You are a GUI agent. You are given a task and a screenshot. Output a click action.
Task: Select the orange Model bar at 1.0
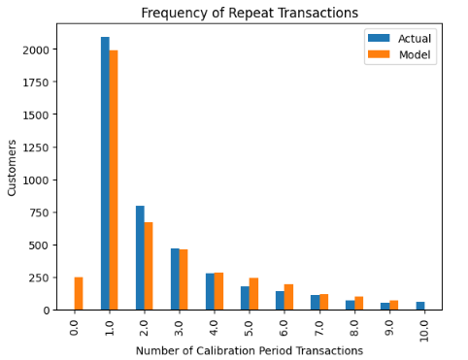pyautogui.click(x=114, y=180)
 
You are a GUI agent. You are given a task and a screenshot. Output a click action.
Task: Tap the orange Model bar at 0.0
pyautogui.click(x=79, y=293)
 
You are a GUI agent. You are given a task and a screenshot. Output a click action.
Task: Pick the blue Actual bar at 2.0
pyautogui.click(x=140, y=257)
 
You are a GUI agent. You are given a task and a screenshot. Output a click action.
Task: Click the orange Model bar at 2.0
pyautogui.click(x=149, y=266)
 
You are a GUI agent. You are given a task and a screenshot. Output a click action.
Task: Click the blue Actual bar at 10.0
pyautogui.click(x=419, y=306)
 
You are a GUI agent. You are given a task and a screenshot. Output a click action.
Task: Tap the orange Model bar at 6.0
pyautogui.click(x=288, y=297)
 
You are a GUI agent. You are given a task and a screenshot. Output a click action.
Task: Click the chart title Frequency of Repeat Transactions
pyautogui.click(x=250, y=13)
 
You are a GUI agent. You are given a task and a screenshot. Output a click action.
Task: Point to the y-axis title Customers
pyautogui.click(x=13, y=167)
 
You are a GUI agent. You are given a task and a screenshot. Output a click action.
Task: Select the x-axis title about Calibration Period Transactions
pyautogui.click(x=250, y=349)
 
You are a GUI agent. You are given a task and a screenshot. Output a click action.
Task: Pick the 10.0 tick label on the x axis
pyautogui.click(x=424, y=328)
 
